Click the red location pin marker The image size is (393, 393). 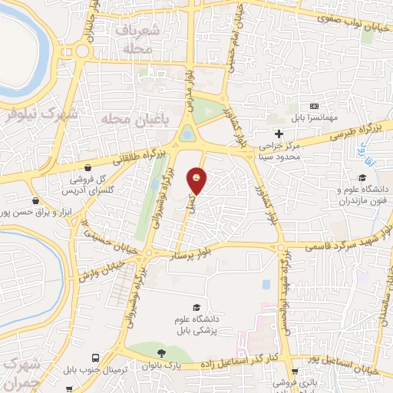[x=198, y=180]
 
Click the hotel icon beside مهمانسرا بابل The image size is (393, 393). [x=313, y=106]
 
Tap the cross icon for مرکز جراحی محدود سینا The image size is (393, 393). [x=279, y=134]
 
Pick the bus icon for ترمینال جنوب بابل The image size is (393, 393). [x=94, y=358]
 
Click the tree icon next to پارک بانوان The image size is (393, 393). [x=160, y=353]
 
